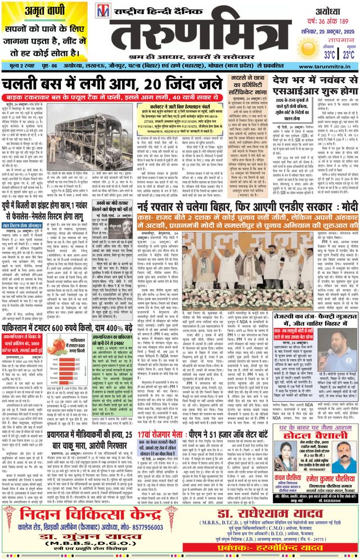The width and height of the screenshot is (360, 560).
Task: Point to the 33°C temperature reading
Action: [312, 55]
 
